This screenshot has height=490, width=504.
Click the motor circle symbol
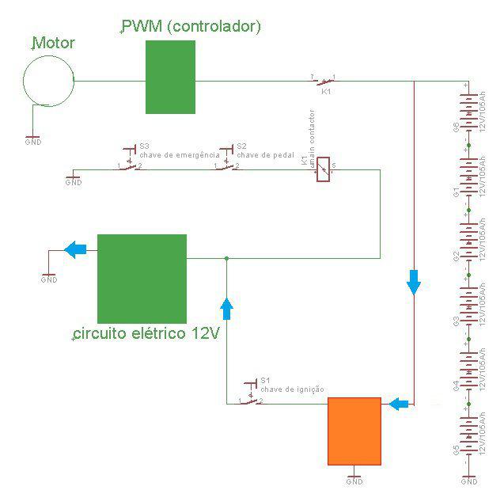point(48,79)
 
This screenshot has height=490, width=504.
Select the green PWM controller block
point(170,77)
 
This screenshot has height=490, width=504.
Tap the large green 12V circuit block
point(142,278)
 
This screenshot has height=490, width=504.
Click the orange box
point(354,431)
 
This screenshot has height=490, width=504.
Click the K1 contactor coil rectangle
point(323,169)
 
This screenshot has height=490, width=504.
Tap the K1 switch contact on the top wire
point(323,80)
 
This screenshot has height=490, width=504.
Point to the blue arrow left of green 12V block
point(75,249)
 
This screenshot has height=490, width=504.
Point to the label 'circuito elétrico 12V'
point(146,333)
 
